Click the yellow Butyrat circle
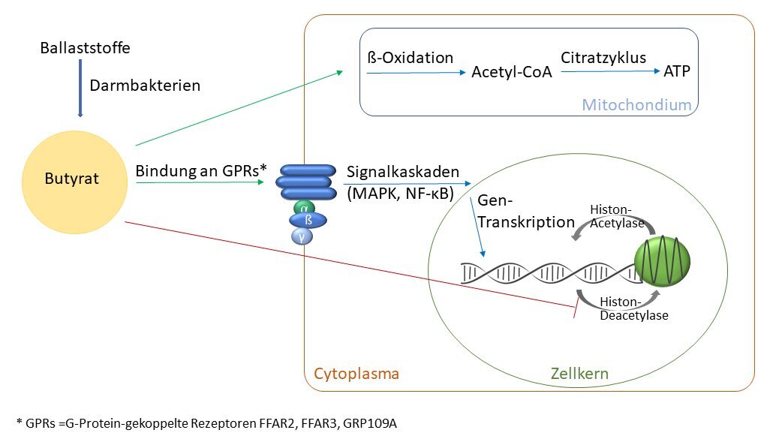coord(74,182)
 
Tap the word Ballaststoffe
coord(85,48)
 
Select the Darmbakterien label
coord(145,86)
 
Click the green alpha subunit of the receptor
coord(304,208)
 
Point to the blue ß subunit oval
coord(308,221)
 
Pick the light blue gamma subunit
coord(302,236)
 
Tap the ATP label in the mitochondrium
coord(677,71)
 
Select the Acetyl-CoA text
coord(512,72)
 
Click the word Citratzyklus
coord(603,58)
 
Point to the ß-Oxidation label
coord(411,58)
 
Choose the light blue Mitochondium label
coord(636,104)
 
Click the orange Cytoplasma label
coord(356,374)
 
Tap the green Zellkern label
coord(579,374)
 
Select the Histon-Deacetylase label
coord(634,308)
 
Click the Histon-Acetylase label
coord(618,216)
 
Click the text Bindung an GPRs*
coord(201,171)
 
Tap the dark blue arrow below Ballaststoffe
coord(80,89)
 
